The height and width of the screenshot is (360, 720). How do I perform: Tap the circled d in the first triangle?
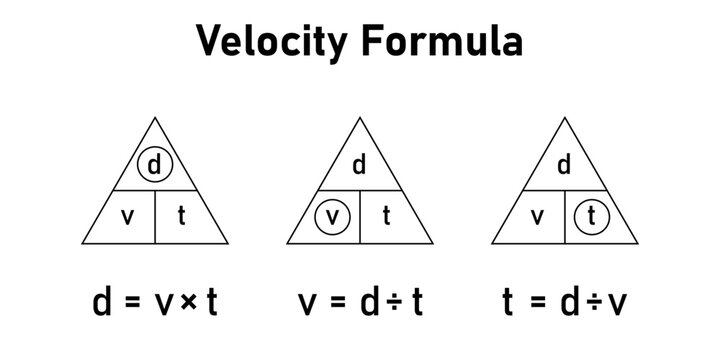click(154, 165)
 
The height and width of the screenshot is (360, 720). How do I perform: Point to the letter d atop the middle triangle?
click(360, 164)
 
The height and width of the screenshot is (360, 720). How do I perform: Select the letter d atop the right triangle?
click(566, 164)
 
